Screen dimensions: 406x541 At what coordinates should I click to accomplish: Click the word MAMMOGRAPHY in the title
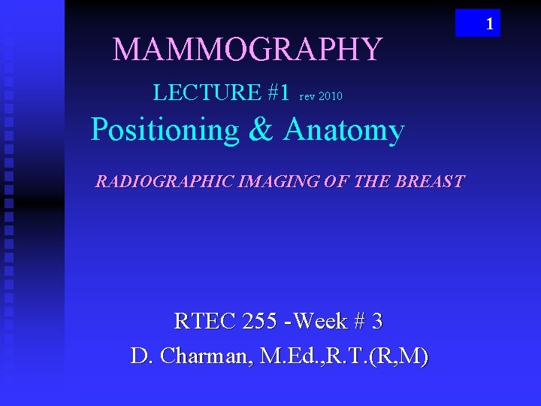click(247, 50)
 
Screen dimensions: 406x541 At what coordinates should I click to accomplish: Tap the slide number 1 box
click(478, 23)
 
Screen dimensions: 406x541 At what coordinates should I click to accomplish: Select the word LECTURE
click(206, 93)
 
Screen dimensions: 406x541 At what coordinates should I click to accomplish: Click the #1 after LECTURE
click(277, 93)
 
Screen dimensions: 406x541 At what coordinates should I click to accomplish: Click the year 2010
click(331, 96)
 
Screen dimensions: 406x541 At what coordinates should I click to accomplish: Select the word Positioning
click(164, 131)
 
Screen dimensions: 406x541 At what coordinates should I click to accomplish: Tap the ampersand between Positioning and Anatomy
click(261, 131)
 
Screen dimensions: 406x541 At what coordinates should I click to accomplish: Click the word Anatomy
click(343, 131)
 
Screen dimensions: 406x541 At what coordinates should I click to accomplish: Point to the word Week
click(321, 322)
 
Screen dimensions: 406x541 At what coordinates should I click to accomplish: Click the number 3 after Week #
click(377, 322)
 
